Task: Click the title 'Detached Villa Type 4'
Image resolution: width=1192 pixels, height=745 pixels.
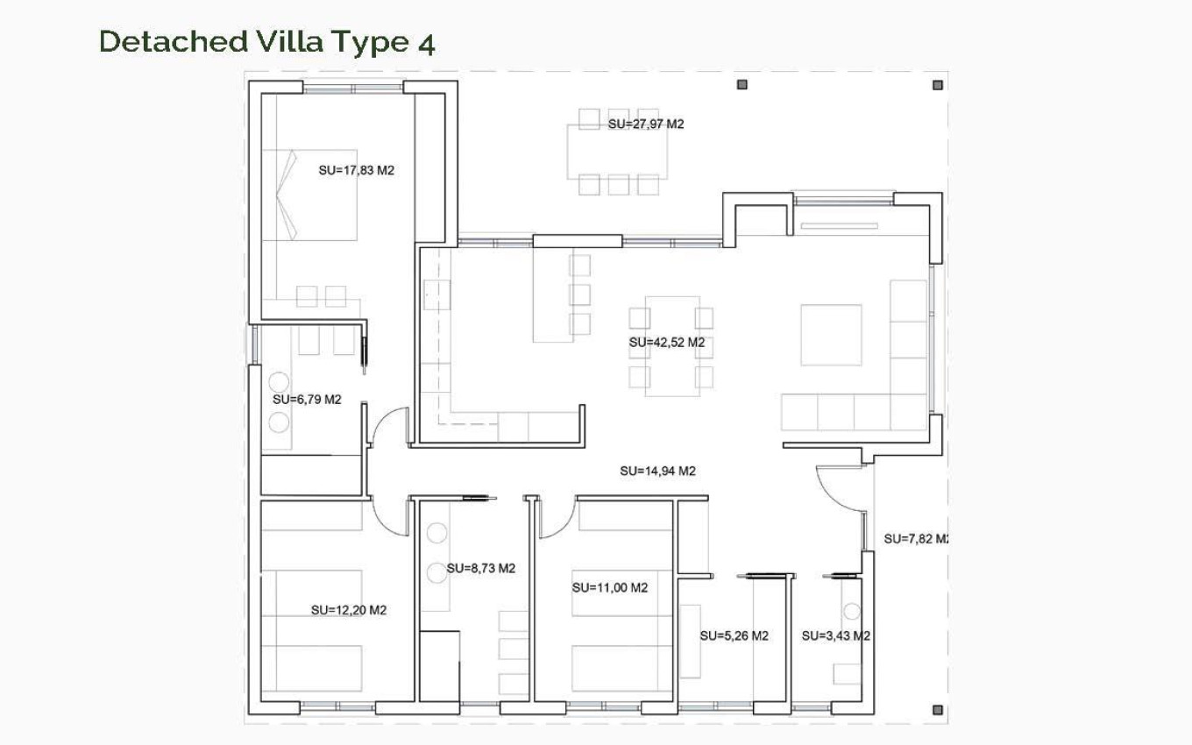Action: point(267,41)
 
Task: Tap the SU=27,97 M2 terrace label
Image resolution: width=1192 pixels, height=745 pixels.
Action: point(646,124)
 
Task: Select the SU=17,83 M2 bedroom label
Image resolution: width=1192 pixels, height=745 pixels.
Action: point(357,171)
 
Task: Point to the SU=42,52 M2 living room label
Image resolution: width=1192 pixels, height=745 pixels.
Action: point(667,343)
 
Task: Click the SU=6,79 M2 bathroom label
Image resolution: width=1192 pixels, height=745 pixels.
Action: point(307,400)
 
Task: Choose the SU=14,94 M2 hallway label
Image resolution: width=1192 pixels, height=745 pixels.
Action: point(657,471)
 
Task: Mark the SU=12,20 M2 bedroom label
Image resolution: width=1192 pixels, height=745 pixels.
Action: point(349,610)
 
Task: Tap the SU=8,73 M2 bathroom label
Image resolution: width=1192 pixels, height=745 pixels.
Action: point(481,568)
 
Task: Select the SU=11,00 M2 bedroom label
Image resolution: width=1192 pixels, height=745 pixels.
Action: point(609,587)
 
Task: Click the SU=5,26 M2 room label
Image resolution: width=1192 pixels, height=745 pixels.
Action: point(734,636)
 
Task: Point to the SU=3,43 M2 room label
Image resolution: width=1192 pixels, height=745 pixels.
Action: point(835,636)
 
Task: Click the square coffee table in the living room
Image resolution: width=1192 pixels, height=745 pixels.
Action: point(831,335)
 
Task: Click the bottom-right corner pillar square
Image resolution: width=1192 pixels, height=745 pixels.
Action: point(938,710)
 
